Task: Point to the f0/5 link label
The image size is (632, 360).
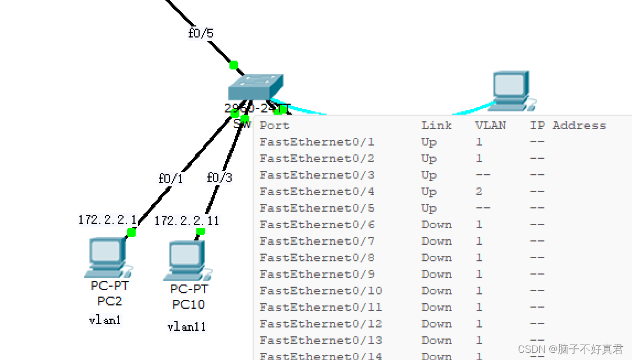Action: click(200, 34)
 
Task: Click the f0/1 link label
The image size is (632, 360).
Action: click(170, 179)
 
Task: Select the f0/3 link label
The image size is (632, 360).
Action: click(219, 178)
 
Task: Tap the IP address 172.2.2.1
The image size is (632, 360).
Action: click(107, 219)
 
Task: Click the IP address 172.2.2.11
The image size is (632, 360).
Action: click(186, 221)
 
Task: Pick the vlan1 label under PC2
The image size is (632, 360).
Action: click(105, 320)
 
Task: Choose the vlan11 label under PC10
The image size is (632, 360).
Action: click(186, 326)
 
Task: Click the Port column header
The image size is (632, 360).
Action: click(274, 126)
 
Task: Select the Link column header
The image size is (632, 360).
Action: click(436, 126)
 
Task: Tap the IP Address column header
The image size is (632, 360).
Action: click(567, 126)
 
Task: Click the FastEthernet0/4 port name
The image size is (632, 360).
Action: click(317, 192)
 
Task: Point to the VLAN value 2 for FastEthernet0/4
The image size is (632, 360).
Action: click(479, 192)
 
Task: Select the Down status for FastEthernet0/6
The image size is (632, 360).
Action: click(436, 225)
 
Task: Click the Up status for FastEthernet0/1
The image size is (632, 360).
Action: click(429, 142)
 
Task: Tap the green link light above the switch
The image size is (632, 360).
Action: click(234, 65)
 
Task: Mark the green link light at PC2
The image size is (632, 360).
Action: click(131, 232)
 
